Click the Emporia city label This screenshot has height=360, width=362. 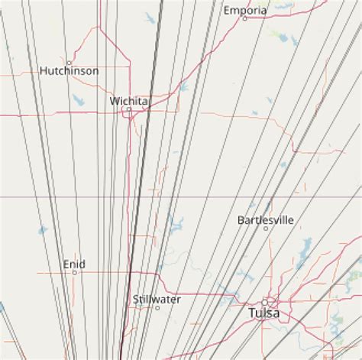(x=245, y=11)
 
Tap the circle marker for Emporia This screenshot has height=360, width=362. (x=245, y=18)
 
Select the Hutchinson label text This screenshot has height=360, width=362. (x=69, y=71)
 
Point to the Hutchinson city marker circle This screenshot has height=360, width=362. (x=69, y=63)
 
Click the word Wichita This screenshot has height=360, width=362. (x=129, y=100)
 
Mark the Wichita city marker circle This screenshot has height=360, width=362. (x=129, y=109)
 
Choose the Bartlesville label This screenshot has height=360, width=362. (x=266, y=219)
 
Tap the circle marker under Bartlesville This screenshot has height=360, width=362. (x=266, y=228)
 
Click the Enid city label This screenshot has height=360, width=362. (x=74, y=264)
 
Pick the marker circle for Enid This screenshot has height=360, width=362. (x=74, y=272)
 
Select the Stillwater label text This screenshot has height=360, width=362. (x=157, y=299)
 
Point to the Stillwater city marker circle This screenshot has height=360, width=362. (x=157, y=307)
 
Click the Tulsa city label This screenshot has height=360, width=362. (x=264, y=313)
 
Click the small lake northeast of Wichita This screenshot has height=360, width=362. (x=184, y=86)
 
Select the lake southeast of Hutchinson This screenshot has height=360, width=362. (x=79, y=99)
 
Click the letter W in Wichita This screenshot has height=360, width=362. (x=114, y=100)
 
